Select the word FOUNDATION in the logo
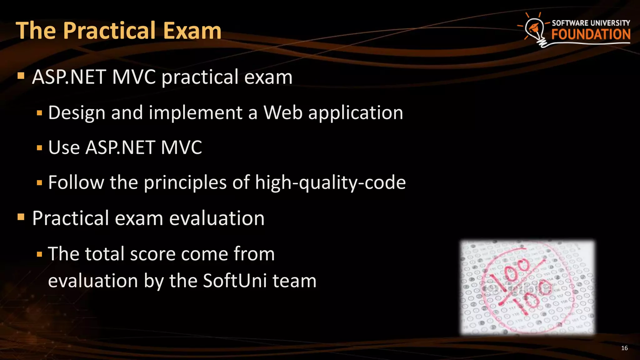pos(591,34)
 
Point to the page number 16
pos(624,348)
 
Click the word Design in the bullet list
pos(77,113)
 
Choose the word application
pos(356,113)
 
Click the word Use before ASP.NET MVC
pos(64,147)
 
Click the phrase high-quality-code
pos(330,183)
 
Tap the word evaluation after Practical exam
pos(217,218)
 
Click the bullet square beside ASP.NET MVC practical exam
pos(21,76)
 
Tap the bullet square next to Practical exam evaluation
pos(21,217)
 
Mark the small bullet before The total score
pos(39,254)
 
